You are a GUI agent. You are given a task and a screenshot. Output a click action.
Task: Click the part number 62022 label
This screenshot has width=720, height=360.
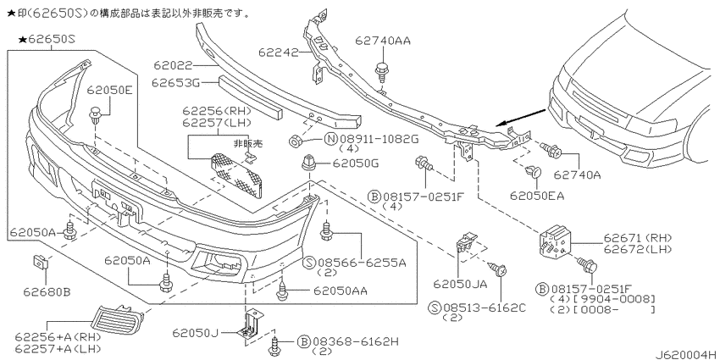pos(173,66)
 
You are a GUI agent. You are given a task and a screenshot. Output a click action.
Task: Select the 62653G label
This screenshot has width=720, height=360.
pos(175,83)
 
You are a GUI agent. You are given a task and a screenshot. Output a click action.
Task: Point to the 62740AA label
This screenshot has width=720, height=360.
pos(383,41)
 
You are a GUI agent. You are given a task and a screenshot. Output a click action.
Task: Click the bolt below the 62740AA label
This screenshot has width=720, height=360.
pos(380,71)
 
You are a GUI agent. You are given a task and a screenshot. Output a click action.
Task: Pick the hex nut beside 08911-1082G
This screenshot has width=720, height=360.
pos(296,141)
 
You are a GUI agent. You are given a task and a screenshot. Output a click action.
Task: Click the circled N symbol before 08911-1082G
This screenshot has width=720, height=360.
pos(331,139)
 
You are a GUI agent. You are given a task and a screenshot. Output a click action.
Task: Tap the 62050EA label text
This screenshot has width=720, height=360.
pos(536,196)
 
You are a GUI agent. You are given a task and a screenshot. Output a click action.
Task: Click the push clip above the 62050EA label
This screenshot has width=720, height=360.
pos(534,172)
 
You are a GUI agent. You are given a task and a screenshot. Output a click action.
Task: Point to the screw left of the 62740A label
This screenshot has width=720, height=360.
pos(550,149)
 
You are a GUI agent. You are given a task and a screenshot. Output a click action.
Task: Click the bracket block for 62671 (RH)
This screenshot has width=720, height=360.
pos(555,241)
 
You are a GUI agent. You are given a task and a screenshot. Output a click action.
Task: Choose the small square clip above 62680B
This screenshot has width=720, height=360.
pos(41,263)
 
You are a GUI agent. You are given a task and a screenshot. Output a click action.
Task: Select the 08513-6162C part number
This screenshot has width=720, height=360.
pos(489,307)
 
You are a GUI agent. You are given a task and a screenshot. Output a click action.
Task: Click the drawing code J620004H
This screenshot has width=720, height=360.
pos(685,354)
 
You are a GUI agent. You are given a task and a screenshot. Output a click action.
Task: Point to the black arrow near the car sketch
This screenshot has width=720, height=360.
pos(522,117)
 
